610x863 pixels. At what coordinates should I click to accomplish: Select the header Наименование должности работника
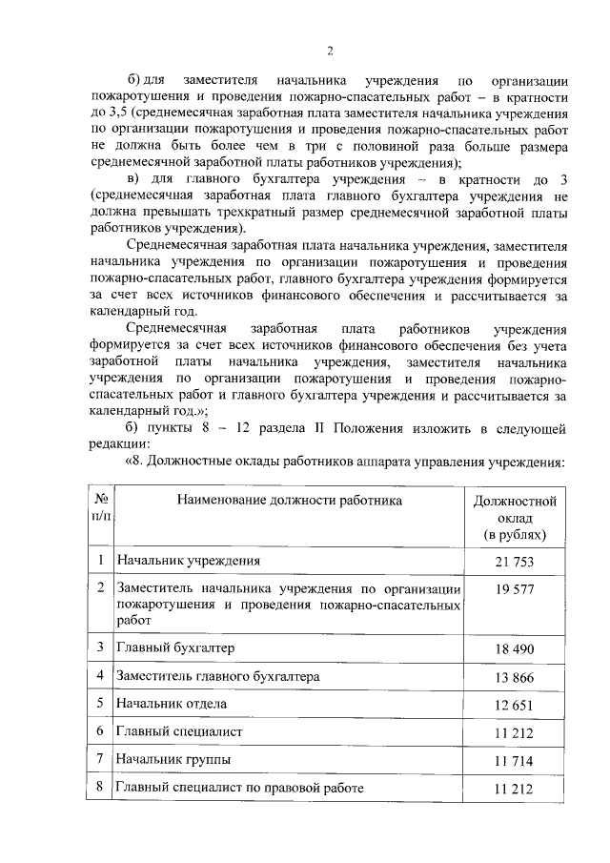tap(285, 499)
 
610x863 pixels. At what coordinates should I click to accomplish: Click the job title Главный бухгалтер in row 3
tap(174, 647)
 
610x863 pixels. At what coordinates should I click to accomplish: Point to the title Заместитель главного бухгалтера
tap(217, 676)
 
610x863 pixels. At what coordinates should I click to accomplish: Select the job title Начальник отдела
tap(170, 704)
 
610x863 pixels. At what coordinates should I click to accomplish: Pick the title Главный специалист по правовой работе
tap(238, 788)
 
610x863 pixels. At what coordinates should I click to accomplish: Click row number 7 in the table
tap(100, 760)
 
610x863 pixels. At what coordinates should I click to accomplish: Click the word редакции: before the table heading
tap(119, 443)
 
